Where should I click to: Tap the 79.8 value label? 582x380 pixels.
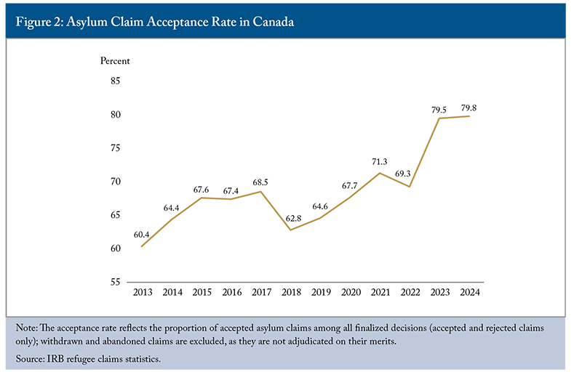click(468, 108)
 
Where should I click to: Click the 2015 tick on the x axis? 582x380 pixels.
click(202, 292)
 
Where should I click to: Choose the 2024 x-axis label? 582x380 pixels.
click(469, 292)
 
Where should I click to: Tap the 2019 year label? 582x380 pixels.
click(321, 292)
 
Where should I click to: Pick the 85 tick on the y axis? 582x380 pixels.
click(115, 81)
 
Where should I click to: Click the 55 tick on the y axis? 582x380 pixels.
click(115, 282)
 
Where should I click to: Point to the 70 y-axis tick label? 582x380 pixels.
click(115, 181)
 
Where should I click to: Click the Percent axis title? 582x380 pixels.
click(114, 60)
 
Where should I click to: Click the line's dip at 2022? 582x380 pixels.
click(410, 187)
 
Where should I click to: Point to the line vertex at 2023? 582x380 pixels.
click(439, 118)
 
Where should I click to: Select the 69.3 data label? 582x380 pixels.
click(409, 174)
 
